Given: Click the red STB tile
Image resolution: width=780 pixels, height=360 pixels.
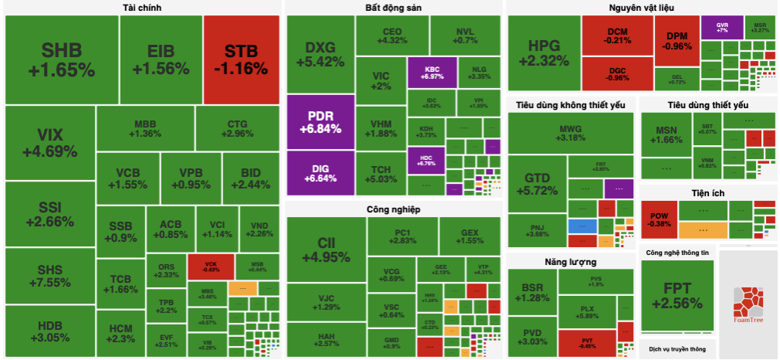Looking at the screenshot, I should click(242, 59).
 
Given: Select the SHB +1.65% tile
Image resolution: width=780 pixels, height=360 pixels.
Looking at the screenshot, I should click(61, 59).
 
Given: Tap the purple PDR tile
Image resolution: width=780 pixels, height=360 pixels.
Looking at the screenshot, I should click(320, 122).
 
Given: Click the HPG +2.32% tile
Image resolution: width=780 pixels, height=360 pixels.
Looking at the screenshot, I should click(543, 52).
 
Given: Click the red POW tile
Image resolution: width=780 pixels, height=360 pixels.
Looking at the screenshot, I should click(659, 219).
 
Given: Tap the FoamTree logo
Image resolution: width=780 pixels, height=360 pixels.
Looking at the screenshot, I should click(748, 302).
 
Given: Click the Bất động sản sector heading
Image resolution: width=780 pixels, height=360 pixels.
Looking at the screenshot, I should click(394, 8).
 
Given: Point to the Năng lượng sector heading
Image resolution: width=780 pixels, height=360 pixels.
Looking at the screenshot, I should click(570, 262).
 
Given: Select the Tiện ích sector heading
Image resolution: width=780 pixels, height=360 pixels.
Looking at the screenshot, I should click(707, 192).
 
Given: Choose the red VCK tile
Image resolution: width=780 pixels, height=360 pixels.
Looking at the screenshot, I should click(210, 265).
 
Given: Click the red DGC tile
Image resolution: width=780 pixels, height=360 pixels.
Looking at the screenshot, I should click(617, 73).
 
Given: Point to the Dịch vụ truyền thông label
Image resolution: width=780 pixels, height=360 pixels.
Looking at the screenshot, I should click(676, 349).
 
